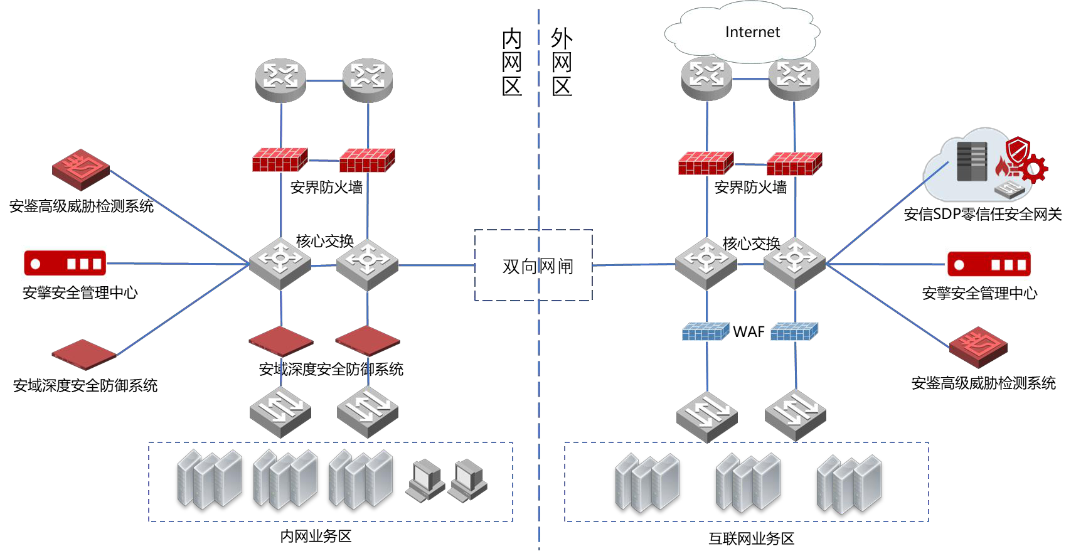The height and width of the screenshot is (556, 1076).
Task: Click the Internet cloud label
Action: click(x=752, y=32)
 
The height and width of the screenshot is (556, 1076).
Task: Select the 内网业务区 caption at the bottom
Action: click(x=316, y=537)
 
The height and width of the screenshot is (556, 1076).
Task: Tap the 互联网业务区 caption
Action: click(x=751, y=538)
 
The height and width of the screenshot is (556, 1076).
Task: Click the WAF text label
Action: click(x=748, y=332)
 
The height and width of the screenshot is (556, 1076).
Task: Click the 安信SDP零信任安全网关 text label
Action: click(x=983, y=215)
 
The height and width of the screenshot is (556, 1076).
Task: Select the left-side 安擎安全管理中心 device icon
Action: click(x=65, y=264)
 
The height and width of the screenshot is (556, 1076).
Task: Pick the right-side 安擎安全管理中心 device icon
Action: click(x=988, y=264)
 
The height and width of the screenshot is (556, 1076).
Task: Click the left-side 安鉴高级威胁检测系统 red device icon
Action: click(x=80, y=169)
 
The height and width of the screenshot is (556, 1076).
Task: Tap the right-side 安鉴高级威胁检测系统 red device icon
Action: click(x=977, y=346)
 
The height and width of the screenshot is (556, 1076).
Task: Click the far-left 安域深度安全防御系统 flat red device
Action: click(x=83, y=355)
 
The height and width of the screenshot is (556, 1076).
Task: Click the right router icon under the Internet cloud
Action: click(x=794, y=79)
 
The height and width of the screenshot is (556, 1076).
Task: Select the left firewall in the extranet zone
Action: click(x=706, y=163)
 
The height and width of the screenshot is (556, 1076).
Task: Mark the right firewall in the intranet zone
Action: click(x=367, y=160)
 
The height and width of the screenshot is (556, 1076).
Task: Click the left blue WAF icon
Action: click(x=705, y=331)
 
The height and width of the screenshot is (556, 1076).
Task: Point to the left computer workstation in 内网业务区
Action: click(x=425, y=480)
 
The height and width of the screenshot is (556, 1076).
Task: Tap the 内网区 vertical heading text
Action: click(x=512, y=61)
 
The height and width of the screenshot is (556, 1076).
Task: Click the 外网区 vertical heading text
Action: click(x=562, y=61)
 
